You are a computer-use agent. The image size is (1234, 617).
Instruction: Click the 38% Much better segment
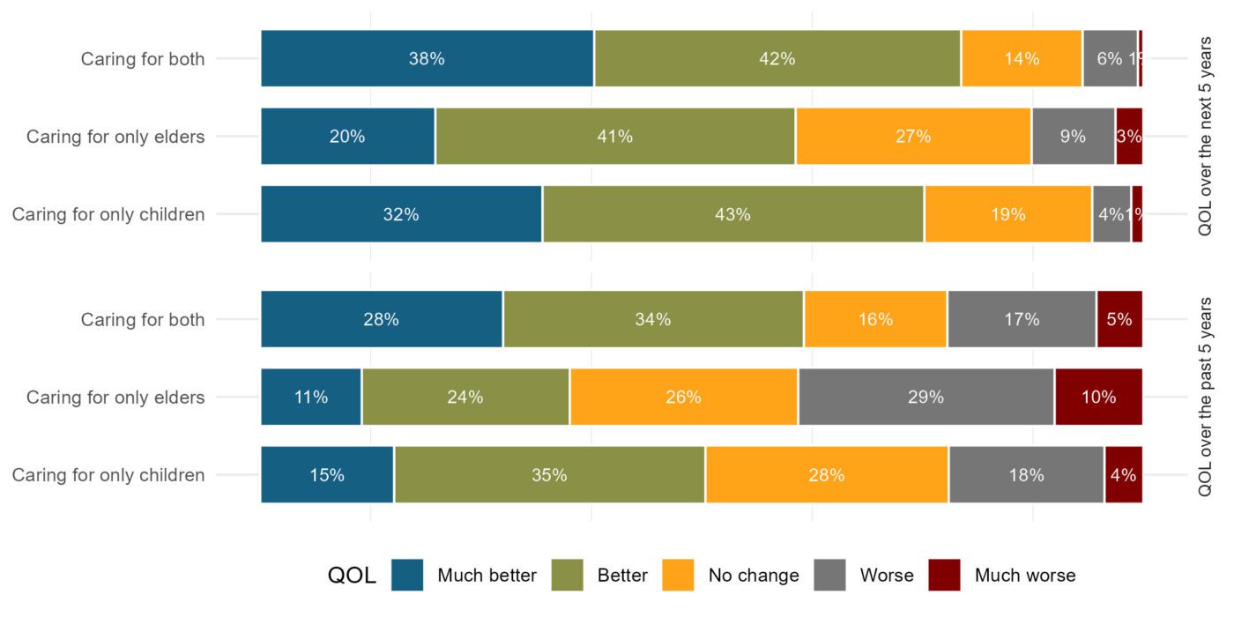click(427, 59)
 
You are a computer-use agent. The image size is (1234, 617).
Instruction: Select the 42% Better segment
click(777, 59)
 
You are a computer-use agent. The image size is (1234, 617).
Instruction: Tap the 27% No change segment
click(913, 137)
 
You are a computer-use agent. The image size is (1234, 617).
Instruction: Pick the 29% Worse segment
click(925, 397)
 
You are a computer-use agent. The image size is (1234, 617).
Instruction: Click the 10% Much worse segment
click(1098, 397)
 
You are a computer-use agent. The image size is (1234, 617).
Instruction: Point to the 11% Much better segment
click(311, 397)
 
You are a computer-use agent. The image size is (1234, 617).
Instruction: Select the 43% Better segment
click(732, 214)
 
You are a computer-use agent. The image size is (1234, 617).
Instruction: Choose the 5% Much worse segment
click(1119, 319)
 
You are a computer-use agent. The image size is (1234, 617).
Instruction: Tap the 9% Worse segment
click(1073, 137)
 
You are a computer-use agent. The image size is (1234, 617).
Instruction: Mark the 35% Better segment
click(549, 475)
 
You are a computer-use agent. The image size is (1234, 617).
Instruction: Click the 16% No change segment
click(874, 319)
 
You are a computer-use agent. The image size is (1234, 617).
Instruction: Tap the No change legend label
click(754, 576)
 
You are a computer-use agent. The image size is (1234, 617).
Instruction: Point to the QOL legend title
click(352, 576)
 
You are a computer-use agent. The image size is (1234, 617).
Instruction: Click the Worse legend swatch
click(830, 576)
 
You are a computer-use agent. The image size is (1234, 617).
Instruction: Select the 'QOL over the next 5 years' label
click(1206, 137)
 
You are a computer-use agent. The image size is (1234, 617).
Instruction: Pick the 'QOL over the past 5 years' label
click(1206, 397)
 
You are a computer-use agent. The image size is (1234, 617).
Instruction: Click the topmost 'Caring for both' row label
click(143, 59)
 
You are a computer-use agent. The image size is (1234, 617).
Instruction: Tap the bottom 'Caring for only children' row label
click(108, 475)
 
